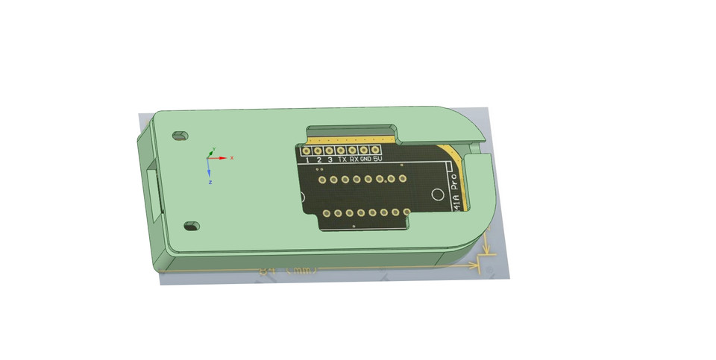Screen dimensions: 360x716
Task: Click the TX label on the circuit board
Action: pos(342,159)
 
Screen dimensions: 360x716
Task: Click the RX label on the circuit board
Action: pos(354,159)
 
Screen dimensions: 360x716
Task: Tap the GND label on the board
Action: pos(365,159)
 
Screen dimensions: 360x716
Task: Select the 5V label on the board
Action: pos(377,159)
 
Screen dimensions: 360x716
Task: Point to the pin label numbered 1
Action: pos(307,160)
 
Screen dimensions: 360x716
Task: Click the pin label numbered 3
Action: pos(330,160)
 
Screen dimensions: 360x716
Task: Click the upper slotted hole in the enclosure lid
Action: pos(179,136)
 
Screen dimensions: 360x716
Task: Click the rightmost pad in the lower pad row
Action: pos(407,213)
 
